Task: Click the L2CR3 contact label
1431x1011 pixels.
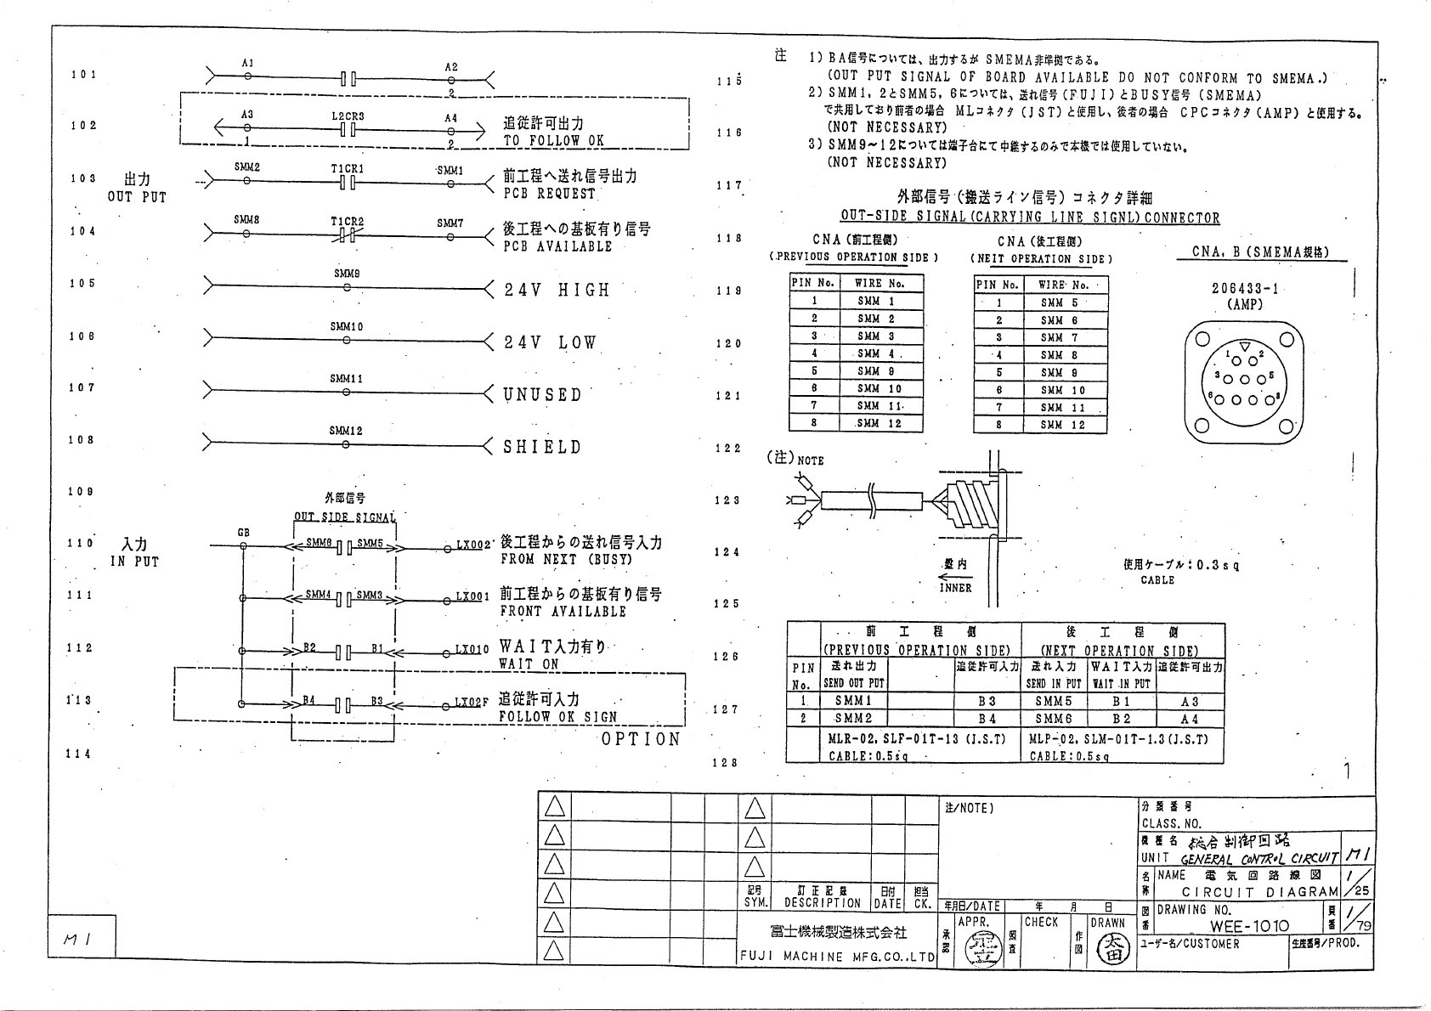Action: [x=348, y=116]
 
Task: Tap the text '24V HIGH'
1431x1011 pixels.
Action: [x=557, y=291]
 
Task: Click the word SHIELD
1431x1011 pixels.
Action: [x=542, y=448]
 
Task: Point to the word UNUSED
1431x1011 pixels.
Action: [x=542, y=395]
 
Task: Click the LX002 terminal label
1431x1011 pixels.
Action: [x=473, y=545]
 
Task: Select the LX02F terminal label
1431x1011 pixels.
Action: [x=472, y=703]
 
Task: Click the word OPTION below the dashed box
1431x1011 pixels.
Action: [x=641, y=739]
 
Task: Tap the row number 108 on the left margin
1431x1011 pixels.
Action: [x=82, y=440]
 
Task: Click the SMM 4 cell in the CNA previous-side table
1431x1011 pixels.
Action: [x=880, y=353]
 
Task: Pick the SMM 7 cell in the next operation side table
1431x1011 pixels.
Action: [x=1062, y=337]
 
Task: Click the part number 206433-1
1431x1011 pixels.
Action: [x=1245, y=289]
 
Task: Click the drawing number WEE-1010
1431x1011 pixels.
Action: [x=1249, y=926]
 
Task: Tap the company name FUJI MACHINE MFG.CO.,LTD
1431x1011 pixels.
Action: [x=837, y=957]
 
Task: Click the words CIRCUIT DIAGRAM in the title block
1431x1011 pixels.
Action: [x=1260, y=892]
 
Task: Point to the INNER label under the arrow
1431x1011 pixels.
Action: [x=955, y=587]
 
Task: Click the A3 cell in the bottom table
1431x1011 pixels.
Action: [x=1190, y=702]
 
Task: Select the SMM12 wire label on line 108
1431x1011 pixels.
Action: [x=346, y=432]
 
